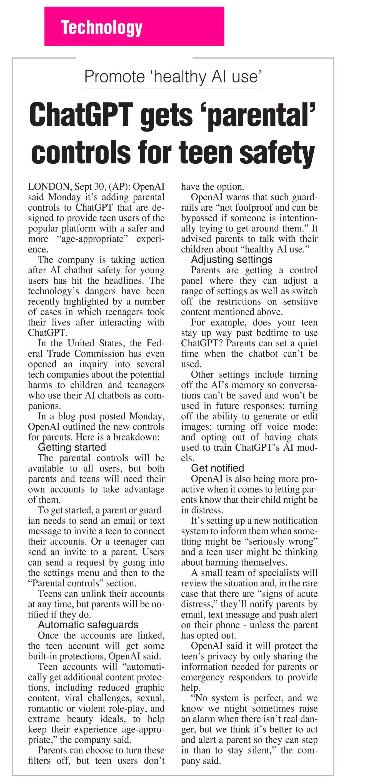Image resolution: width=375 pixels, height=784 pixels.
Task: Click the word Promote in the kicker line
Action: [114, 76]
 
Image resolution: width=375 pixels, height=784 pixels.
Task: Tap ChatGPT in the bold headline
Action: [81, 115]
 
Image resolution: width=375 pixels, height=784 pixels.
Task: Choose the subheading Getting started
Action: [72, 447]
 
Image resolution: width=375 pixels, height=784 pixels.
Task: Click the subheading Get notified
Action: [217, 468]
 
